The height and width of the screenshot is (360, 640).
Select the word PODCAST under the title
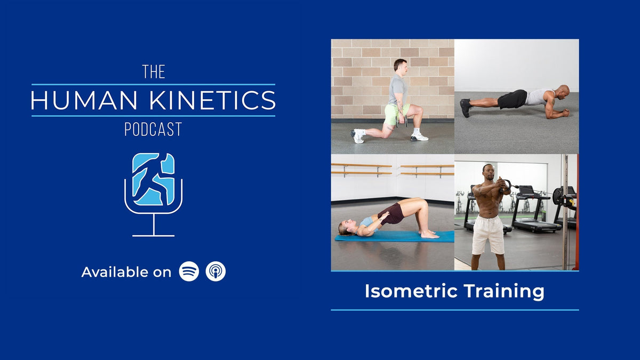[x=153, y=129]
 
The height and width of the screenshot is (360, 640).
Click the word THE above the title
[x=154, y=72]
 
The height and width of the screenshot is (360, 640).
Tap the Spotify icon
[x=189, y=271]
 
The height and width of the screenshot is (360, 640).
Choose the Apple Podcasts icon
[x=215, y=271]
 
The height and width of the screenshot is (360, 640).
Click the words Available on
[x=126, y=272]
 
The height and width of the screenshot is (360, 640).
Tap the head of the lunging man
[x=399, y=66]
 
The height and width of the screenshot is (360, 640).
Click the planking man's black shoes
[x=466, y=108]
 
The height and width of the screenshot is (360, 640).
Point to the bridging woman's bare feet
[x=429, y=234]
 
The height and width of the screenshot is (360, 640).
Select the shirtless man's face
[x=488, y=172]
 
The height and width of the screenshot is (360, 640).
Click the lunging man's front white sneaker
[x=419, y=137]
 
